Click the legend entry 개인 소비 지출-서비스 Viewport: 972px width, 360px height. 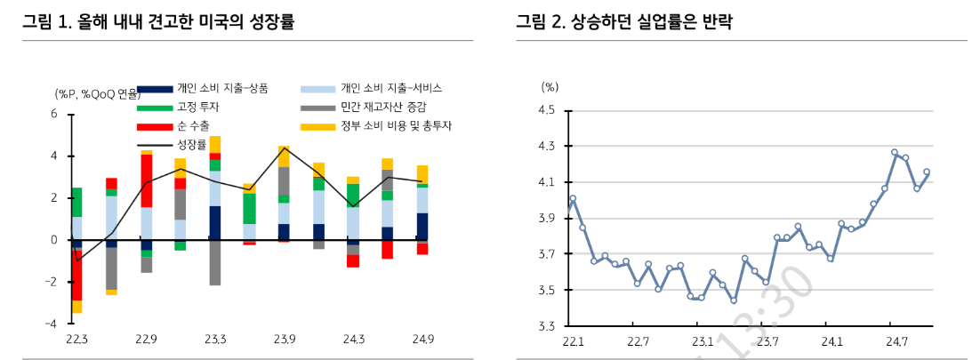pyautogui.click(x=390, y=88)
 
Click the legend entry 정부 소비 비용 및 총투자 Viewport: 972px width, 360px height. pyautogui.click(x=396, y=126)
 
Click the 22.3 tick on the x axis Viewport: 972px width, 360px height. pyautogui.click(x=76, y=340)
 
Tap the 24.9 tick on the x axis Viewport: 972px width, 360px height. pyautogui.click(x=422, y=340)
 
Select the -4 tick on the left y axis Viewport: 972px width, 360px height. pyautogui.click(x=52, y=324)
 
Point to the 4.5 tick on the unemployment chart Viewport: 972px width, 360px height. pyautogui.click(x=546, y=110)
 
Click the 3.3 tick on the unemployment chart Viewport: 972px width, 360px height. pyautogui.click(x=546, y=326)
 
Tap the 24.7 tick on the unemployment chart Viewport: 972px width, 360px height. pyautogui.click(x=896, y=341)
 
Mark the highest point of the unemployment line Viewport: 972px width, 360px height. pyautogui.click(x=895, y=152)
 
